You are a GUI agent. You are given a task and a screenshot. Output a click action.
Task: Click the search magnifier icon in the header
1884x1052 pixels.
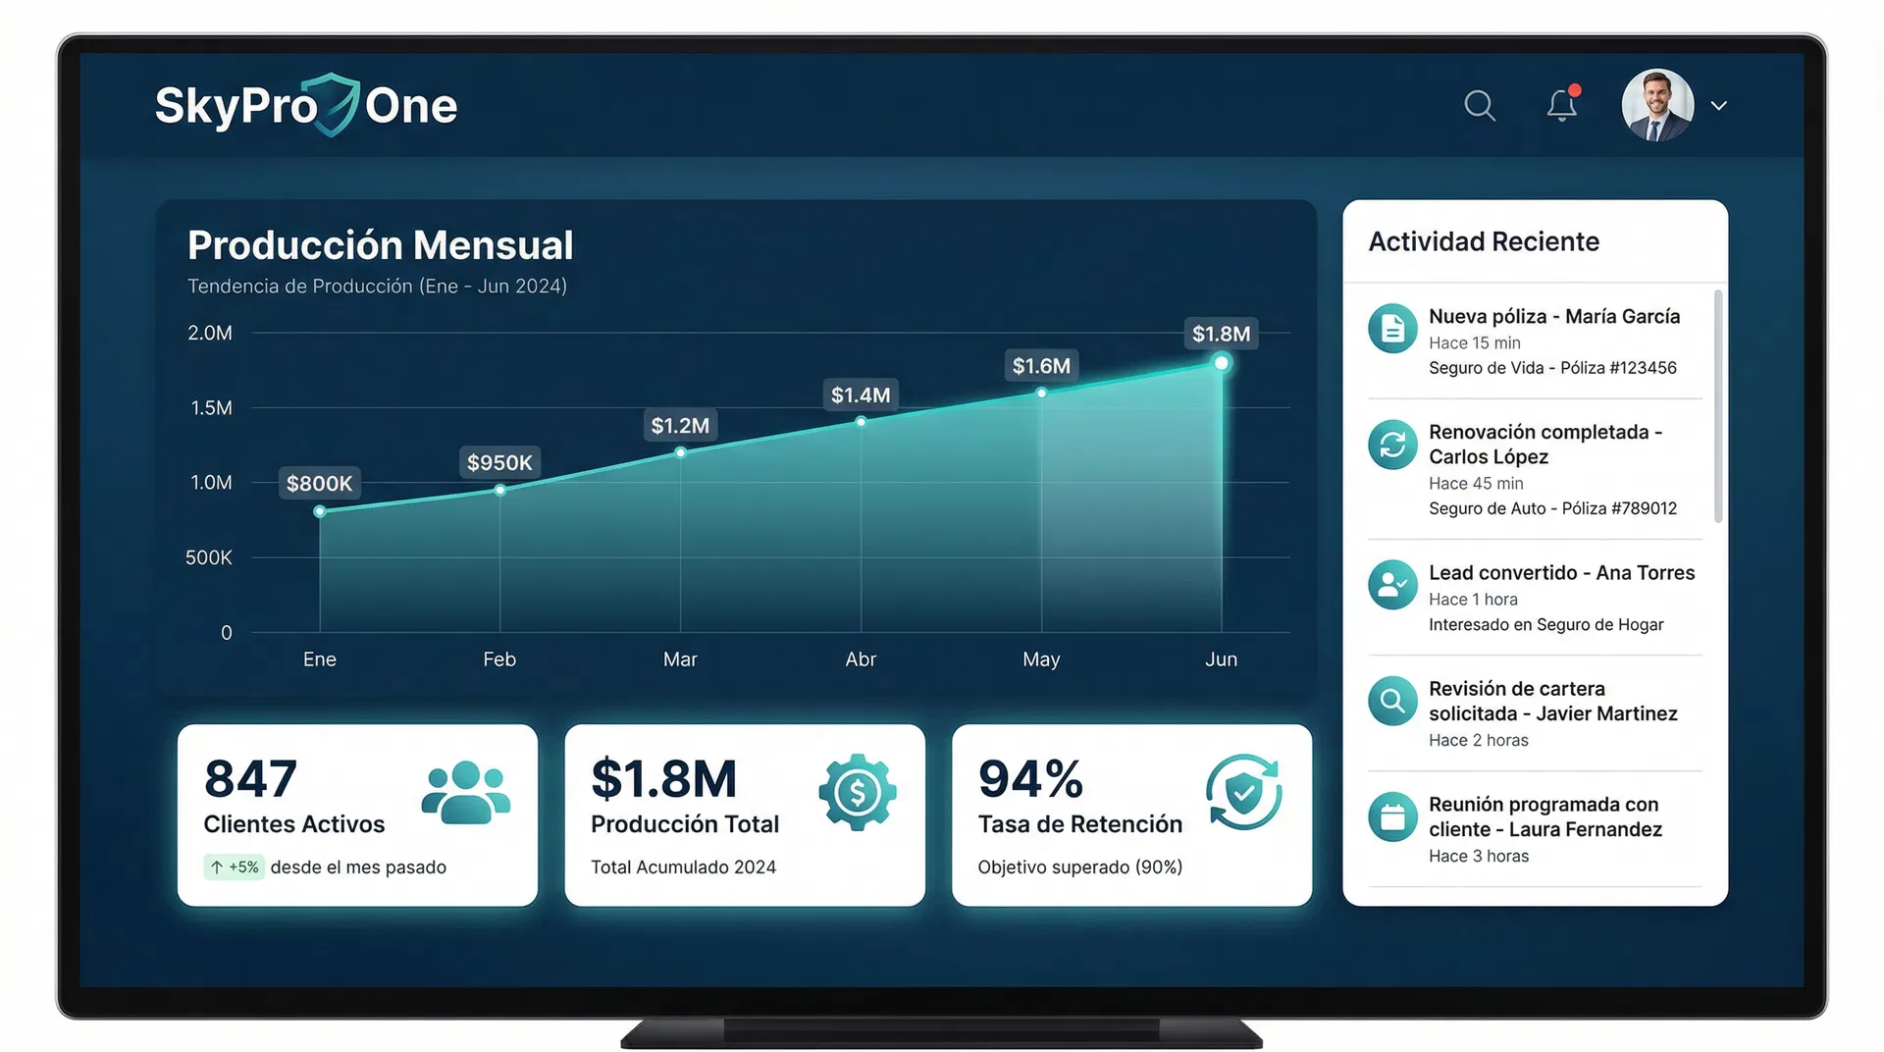(1479, 105)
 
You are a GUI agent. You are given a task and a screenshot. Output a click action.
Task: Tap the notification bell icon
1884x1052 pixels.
(1561, 105)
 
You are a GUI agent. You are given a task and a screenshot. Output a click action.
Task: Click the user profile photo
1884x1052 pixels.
(1657, 105)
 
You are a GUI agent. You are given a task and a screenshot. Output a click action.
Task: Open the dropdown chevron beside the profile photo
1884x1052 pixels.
(1718, 106)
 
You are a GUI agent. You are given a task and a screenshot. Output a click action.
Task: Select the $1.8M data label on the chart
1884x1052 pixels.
(1221, 334)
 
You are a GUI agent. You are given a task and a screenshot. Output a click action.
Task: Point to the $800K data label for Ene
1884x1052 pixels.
(319, 483)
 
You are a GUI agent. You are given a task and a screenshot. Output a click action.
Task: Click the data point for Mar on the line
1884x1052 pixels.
(680, 452)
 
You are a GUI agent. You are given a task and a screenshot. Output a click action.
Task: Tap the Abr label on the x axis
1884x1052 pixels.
(861, 659)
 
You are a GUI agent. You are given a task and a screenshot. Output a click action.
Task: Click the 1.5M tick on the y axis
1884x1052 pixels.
(211, 407)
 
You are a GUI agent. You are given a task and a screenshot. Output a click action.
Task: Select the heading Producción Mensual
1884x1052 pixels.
(380, 245)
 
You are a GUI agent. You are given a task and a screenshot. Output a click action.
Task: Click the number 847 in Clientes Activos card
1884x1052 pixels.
(250, 779)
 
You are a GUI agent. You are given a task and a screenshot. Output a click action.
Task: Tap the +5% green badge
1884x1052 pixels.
(235, 868)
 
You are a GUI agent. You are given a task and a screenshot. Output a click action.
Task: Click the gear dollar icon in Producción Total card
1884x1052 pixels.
(857, 792)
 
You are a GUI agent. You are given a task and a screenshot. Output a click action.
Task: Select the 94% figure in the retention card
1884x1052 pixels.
(1030, 779)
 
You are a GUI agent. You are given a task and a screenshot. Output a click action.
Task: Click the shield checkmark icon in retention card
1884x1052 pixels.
(1243, 792)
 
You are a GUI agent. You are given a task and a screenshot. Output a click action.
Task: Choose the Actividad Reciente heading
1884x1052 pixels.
(1484, 241)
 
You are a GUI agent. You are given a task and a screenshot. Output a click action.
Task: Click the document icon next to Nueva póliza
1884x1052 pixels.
(1392, 329)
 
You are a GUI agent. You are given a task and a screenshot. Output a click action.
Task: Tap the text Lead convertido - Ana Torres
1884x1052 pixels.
(1561, 573)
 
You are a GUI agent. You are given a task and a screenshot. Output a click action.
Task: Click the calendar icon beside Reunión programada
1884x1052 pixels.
(1392, 816)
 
